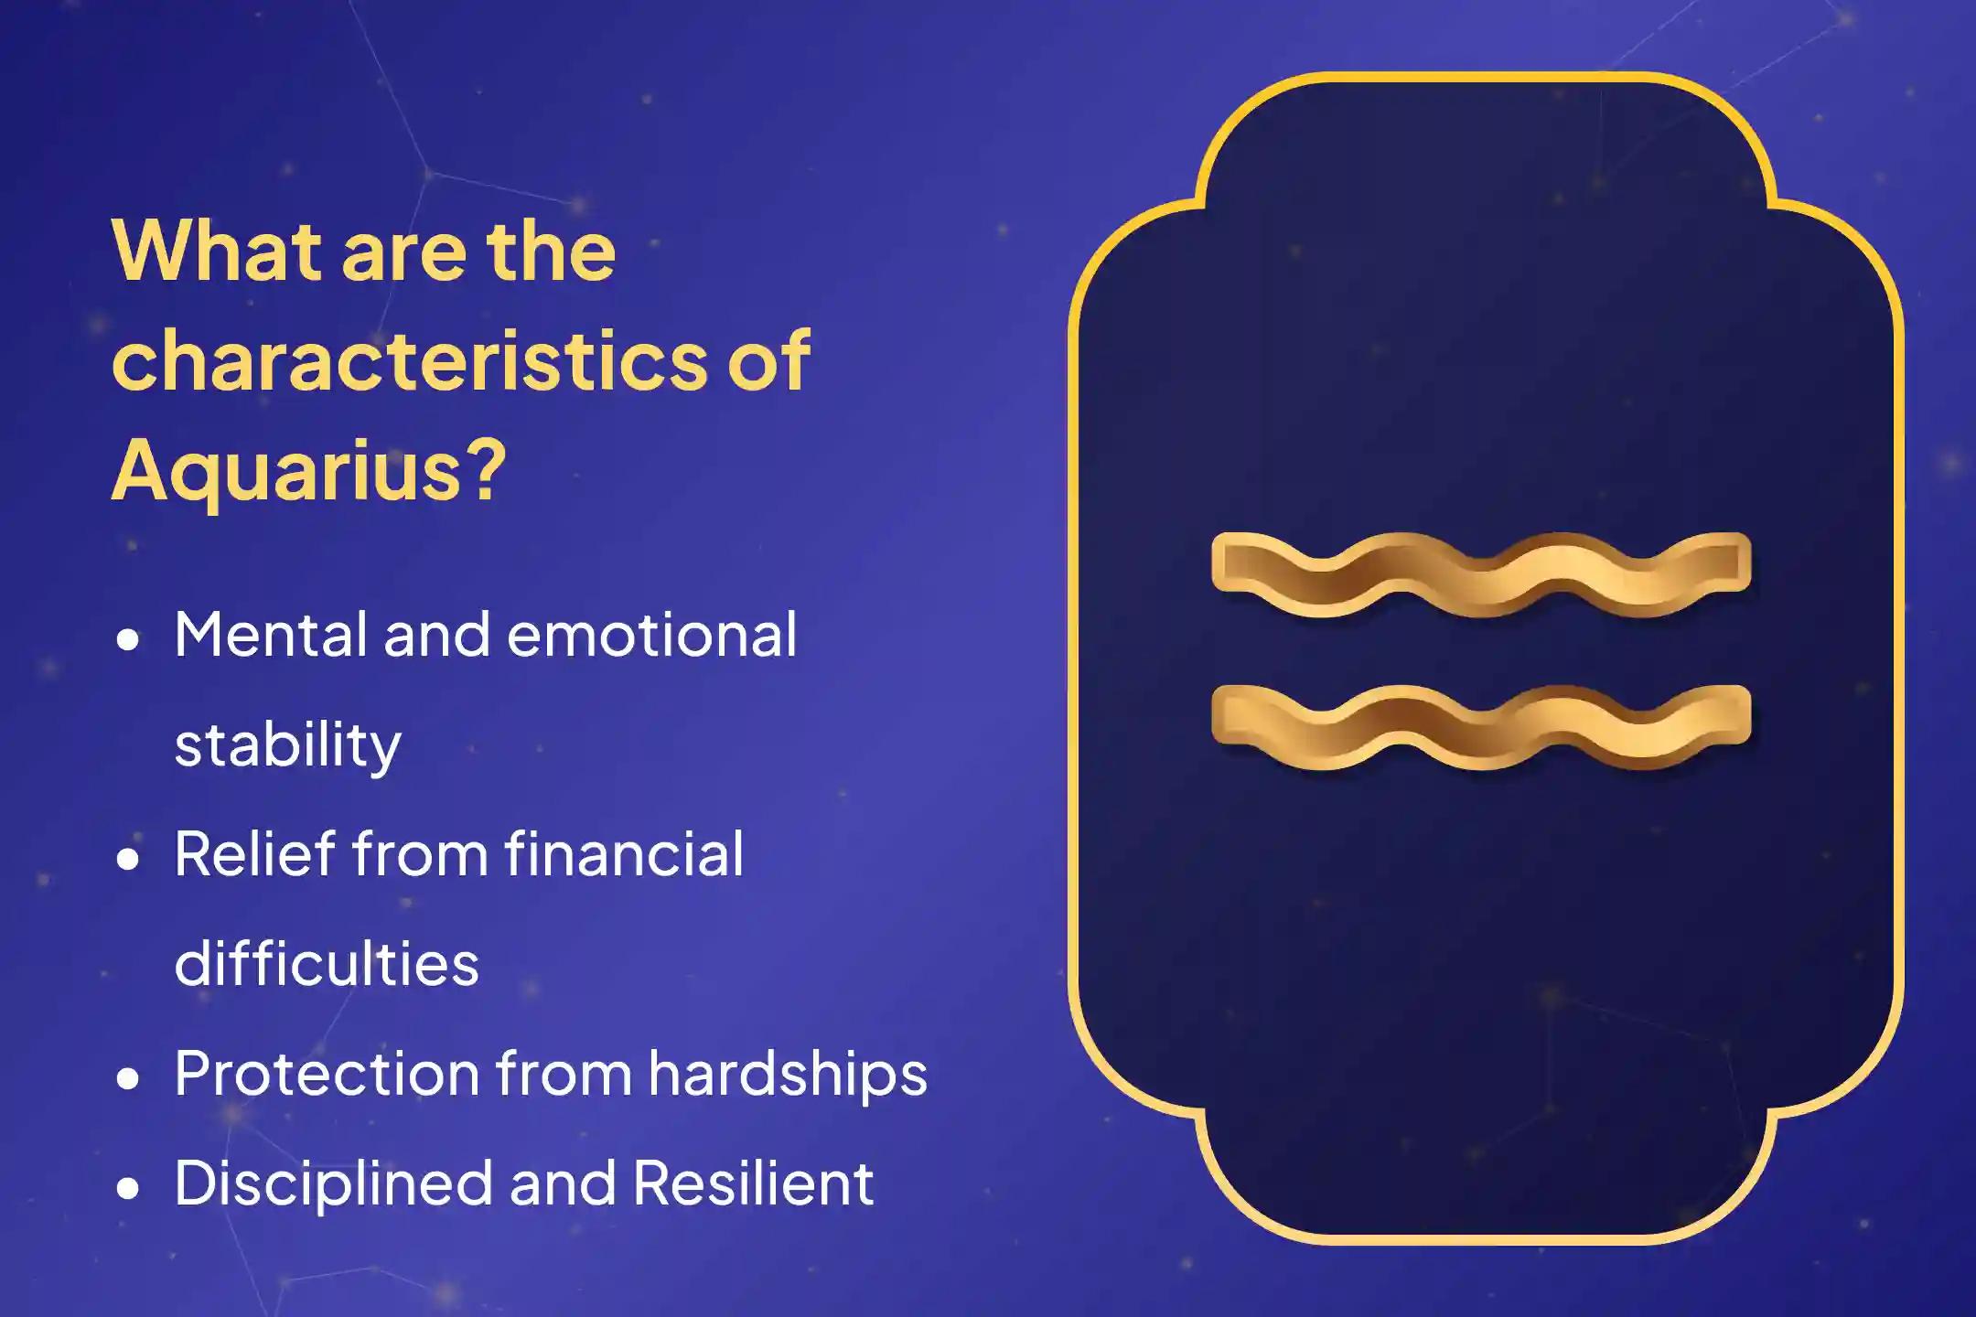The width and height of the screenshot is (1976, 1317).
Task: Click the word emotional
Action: coord(651,635)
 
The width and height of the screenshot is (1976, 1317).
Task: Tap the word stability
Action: coord(287,746)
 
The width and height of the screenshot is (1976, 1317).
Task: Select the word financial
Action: coord(623,854)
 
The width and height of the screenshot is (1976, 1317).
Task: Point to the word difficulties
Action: coord(327,964)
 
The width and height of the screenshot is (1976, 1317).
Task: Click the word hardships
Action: coord(788,1074)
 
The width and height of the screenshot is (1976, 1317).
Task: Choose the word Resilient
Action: coord(753,1183)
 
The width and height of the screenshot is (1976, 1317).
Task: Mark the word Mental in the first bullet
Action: coord(271,635)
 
